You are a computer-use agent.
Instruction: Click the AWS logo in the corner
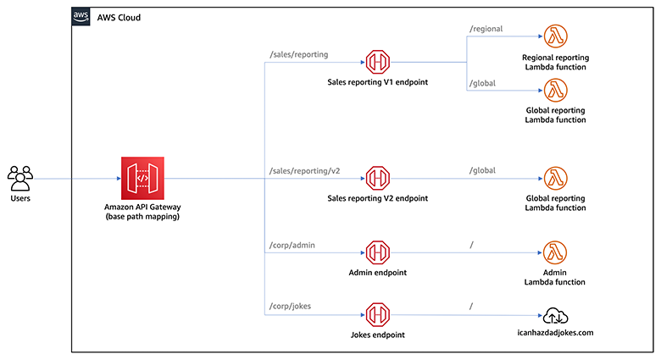(82, 17)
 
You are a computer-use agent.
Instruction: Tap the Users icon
(19, 177)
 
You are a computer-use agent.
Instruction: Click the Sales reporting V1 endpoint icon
(377, 62)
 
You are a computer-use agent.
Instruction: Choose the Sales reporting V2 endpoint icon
(377, 179)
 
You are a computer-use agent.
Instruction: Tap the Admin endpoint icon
(377, 252)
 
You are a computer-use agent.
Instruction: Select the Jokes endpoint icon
(377, 314)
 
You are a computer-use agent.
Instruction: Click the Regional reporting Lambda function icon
(555, 37)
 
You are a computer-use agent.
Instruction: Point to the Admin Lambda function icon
(555, 252)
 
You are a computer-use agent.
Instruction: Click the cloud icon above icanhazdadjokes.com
(555, 315)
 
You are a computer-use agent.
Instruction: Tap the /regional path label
(486, 29)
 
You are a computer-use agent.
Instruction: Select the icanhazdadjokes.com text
(555, 333)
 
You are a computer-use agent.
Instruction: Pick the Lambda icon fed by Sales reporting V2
(555, 179)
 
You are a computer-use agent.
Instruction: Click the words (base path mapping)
(142, 218)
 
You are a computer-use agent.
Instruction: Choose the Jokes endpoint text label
(377, 335)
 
